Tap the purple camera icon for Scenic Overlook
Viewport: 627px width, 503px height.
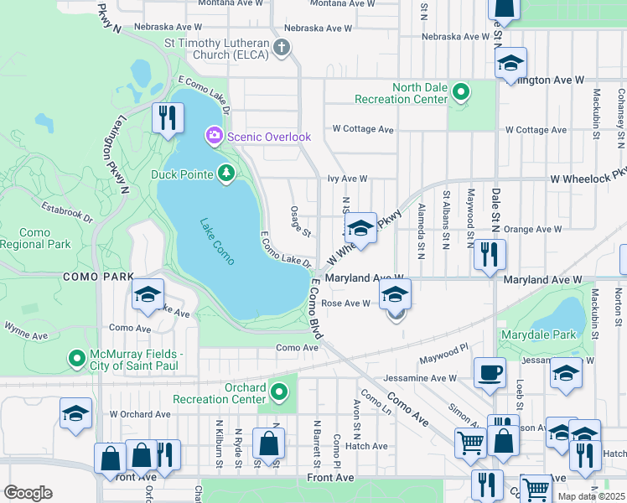click(215, 136)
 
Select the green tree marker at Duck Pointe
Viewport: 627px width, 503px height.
click(225, 174)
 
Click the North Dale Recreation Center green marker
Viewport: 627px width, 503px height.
click(460, 93)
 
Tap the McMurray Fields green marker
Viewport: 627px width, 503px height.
click(77, 360)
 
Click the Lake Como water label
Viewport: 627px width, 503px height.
click(218, 241)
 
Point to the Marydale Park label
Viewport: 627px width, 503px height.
click(546, 334)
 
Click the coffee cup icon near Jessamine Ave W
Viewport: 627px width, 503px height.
click(490, 372)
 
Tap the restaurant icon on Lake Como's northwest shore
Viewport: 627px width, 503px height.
click(168, 117)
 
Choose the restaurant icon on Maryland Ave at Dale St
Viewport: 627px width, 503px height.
click(490, 255)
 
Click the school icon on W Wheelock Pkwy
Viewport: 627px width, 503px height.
click(360, 227)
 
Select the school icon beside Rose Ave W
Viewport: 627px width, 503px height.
click(396, 295)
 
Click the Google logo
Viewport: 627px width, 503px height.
click(28, 492)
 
